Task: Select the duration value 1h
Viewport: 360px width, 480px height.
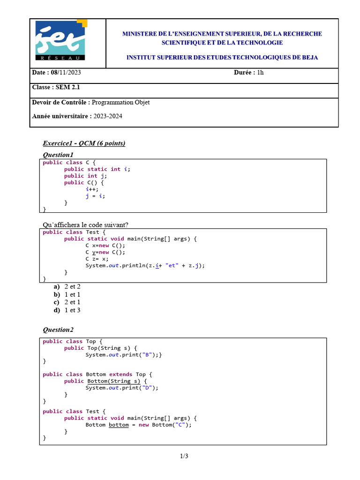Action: point(261,73)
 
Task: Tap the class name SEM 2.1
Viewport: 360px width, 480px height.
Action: point(64,87)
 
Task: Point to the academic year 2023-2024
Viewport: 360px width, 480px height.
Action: point(107,116)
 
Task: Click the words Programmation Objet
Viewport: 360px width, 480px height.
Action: point(121,102)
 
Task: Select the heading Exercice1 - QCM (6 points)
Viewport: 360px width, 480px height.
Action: point(84,143)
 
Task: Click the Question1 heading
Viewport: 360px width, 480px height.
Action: point(58,155)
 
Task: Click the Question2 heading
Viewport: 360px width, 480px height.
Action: point(58,330)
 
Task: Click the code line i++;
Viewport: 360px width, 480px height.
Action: point(92,189)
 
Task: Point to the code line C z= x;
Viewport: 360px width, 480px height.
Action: point(97,259)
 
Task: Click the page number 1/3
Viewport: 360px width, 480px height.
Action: point(184,456)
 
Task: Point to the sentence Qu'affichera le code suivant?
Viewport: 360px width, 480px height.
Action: point(85,225)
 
